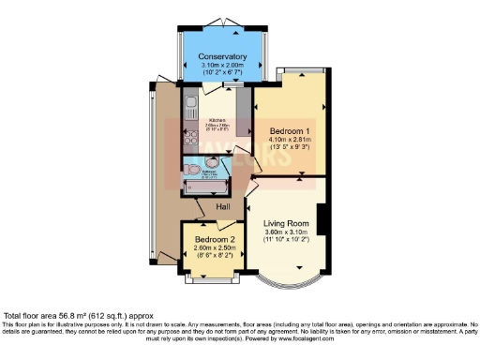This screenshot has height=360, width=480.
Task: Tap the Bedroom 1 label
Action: [290, 130]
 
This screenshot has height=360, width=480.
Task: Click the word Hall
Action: [223, 207]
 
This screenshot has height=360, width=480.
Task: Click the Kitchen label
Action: [217, 121]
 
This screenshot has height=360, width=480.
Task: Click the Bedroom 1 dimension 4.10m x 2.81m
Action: [290, 140]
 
